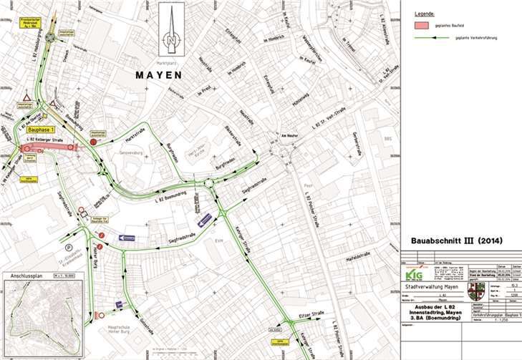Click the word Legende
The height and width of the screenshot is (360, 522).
click(x=425, y=14)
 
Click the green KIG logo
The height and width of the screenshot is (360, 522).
click(x=413, y=273)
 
